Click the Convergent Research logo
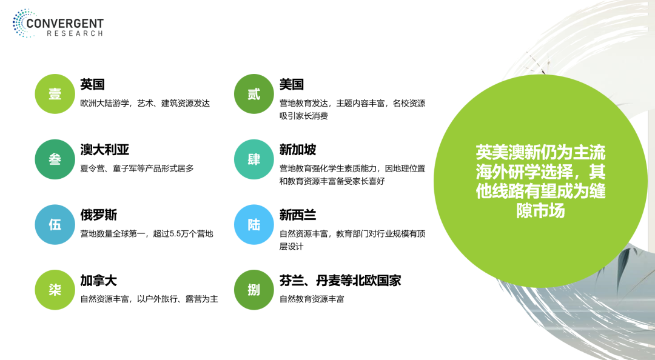point(58,24)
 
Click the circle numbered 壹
point(55,94)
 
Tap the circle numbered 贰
point(254,94)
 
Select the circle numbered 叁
point(55,159)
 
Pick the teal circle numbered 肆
point(254,159)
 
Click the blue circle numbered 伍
point(55,225)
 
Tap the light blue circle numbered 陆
point(254,225)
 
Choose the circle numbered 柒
point(55,290)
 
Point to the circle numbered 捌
point(254,290)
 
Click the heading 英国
point(92,84)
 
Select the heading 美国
point(292,84)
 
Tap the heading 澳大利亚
point(105,150)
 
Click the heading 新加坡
point(298,150)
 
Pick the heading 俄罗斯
point(99,215)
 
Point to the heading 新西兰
point(298,215)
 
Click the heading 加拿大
point(99,280)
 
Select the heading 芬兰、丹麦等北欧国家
point(340,280)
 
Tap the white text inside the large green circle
point(540,182)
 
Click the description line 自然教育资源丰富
point(312,299)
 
